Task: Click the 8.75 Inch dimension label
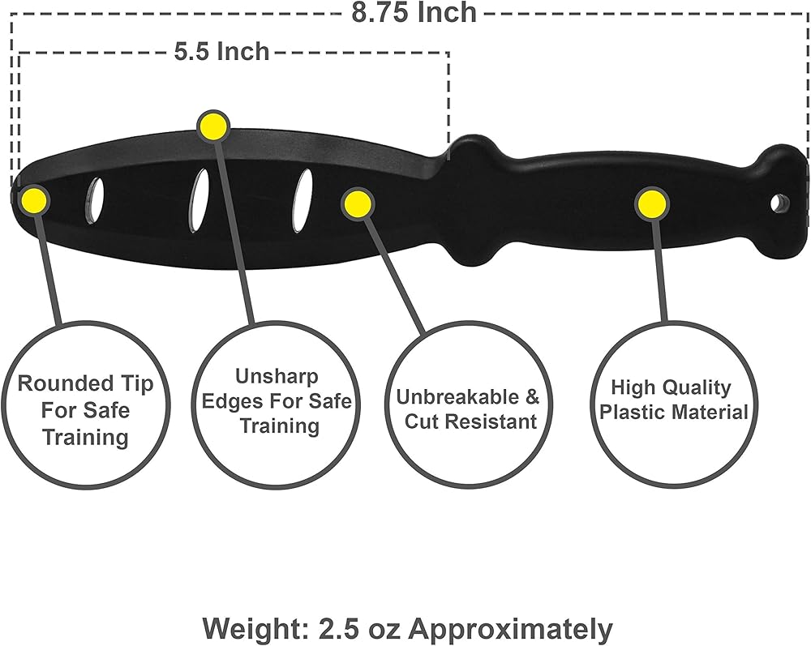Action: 414,12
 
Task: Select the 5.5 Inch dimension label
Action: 221,51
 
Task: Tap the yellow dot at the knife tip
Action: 34,199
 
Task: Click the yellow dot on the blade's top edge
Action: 212,126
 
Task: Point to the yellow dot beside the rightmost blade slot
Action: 357,203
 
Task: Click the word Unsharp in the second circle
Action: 277,376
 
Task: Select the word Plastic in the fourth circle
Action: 633,412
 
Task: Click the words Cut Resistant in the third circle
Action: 470,421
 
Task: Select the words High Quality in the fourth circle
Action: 671,387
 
